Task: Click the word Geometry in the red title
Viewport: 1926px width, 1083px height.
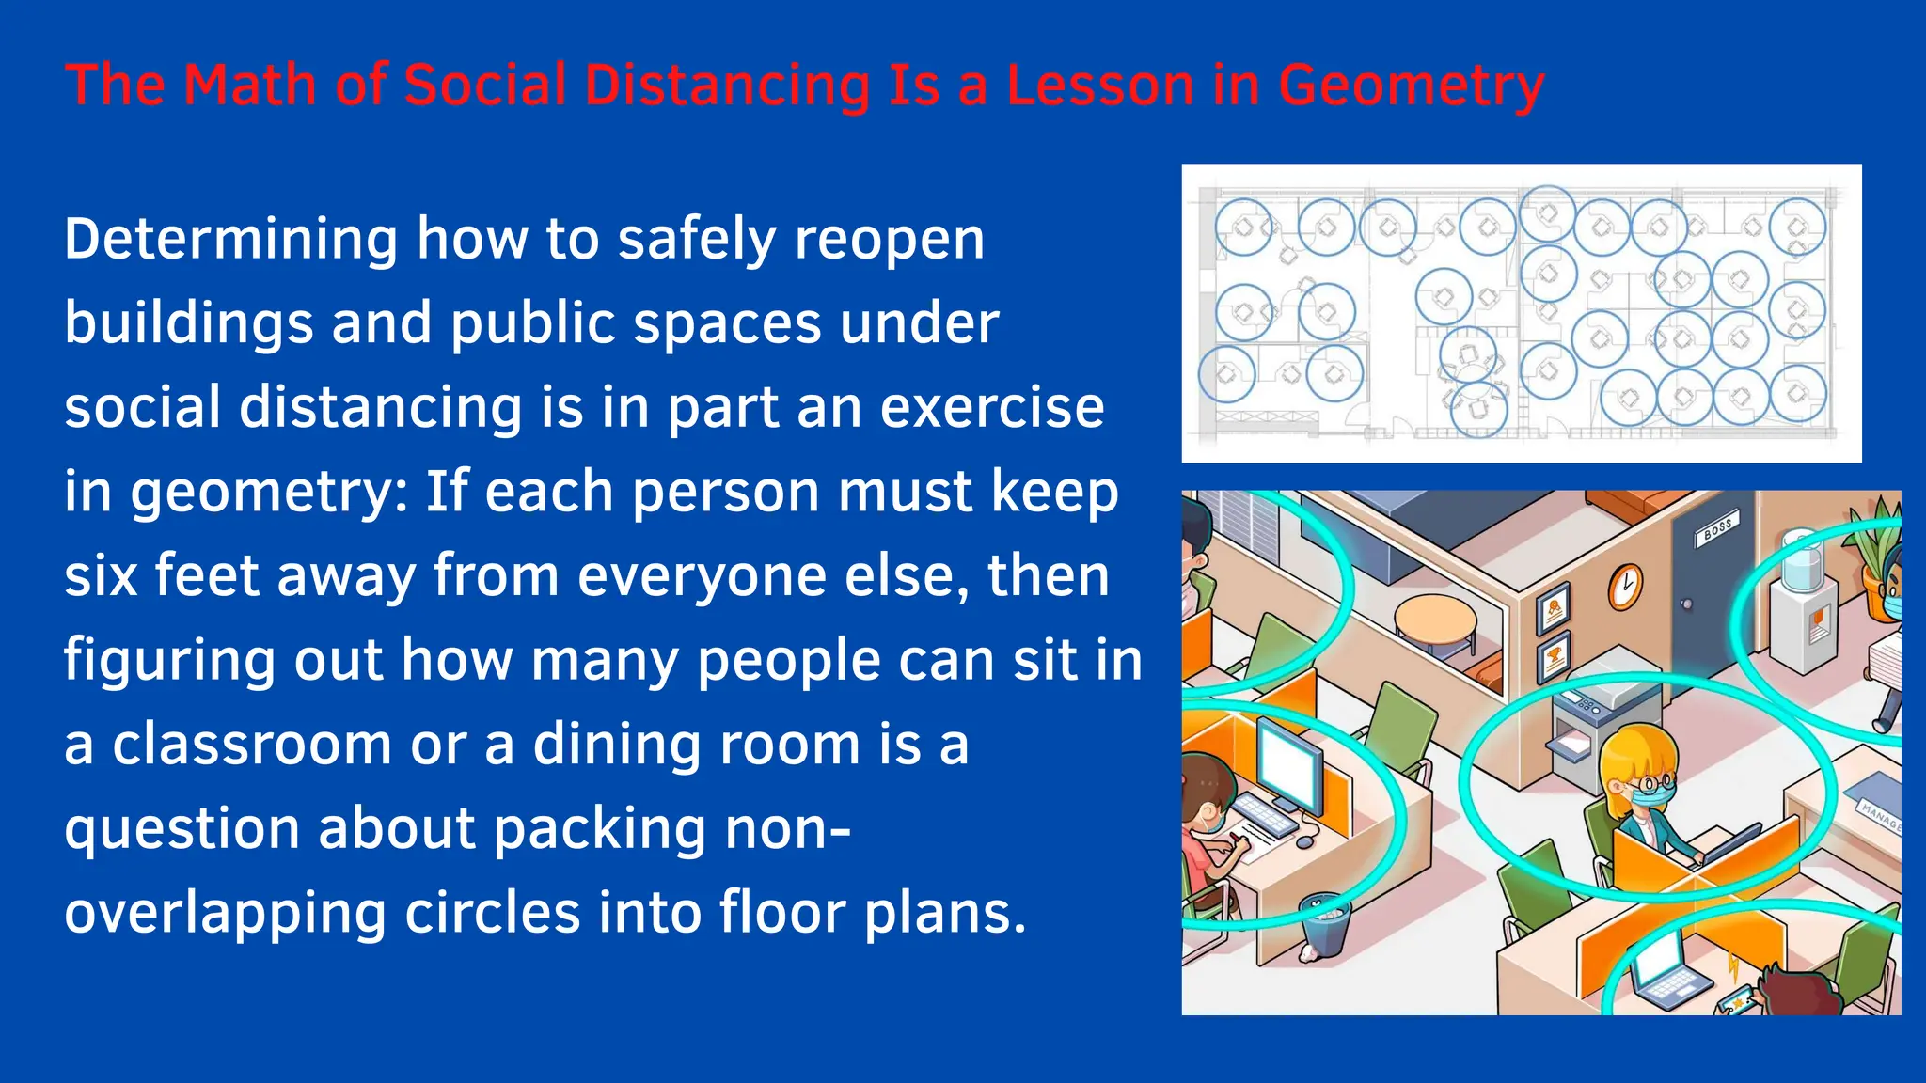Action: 1411,86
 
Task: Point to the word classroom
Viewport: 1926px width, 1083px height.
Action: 252,745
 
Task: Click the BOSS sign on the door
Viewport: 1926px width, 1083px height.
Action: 1717,529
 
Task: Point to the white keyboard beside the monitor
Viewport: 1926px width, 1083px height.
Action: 1266,816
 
